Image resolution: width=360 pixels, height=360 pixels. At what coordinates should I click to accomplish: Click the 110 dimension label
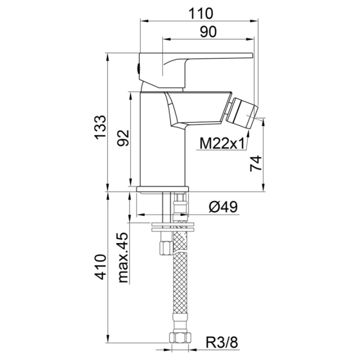[200, 13]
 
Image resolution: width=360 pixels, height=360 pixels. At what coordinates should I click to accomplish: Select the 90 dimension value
[208, 32]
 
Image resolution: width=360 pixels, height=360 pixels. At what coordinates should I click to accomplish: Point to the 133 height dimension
[100, 127]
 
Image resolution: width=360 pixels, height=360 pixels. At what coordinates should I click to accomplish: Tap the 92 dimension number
[123, 138]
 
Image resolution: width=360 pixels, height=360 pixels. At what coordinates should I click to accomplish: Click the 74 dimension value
[256, 163]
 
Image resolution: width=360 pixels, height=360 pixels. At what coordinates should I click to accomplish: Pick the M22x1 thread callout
[222, 144]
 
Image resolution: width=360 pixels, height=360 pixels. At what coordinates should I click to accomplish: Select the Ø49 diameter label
[223, 207]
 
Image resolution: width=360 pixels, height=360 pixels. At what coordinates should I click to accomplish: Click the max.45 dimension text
[123, 257]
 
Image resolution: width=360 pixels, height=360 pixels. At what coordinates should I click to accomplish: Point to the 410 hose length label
[100, 267]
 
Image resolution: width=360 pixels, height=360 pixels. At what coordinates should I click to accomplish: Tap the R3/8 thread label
[222, 342]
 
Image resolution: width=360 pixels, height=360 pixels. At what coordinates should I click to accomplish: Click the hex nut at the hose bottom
[180, 337]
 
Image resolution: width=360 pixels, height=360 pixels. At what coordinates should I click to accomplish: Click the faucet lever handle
[195, 70]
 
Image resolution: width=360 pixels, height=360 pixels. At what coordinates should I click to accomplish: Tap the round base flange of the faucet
[162, 189]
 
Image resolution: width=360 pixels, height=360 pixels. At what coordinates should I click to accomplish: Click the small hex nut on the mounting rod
[166, 247]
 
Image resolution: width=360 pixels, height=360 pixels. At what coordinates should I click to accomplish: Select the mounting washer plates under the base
[172, 227]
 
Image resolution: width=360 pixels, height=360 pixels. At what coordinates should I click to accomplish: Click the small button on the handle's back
[138, 68]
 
